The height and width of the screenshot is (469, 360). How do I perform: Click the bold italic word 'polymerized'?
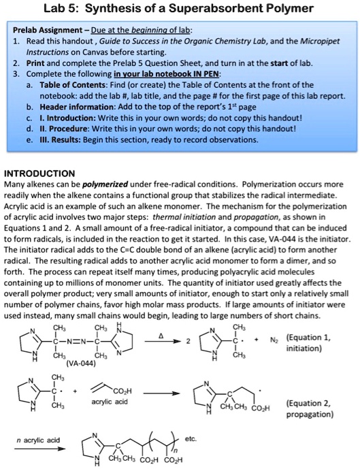(101, 184)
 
